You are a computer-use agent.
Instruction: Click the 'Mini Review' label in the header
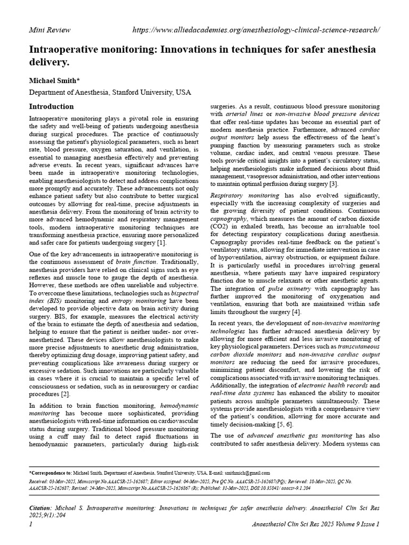[49, 29]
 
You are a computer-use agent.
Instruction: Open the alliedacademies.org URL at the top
[255, 29]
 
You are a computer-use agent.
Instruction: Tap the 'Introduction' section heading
[51, 106]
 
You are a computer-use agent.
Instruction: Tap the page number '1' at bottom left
[31, 524]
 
